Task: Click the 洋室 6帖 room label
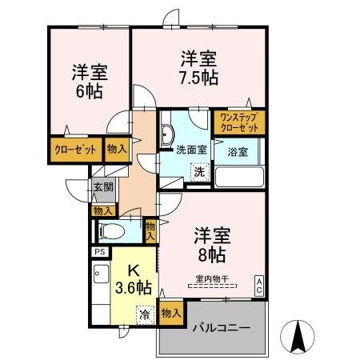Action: [88, 81]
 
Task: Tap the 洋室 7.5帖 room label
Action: [199, 67]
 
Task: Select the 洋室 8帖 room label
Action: [213, 246]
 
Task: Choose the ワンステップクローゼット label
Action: [239, 122]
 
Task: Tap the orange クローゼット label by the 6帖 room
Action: [75, 149]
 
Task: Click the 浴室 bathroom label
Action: [237, 151]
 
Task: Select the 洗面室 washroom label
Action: [190, 148]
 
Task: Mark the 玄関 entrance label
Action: [103, 190]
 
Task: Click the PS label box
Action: [100, 251]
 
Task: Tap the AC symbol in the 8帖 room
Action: [260, 284]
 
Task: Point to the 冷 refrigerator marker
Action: [145, 314]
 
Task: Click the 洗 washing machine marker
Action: [198, 170]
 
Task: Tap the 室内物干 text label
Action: [212, 278]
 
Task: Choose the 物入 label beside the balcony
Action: [171, 311]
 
